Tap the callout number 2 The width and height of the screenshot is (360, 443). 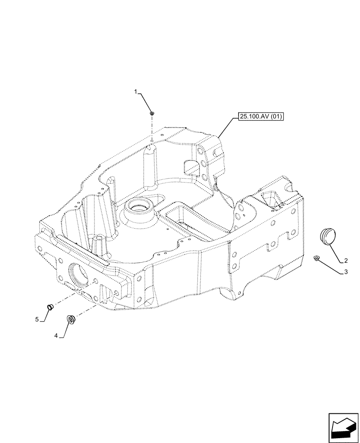(x=345, y=260)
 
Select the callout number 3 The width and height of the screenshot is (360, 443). (x=345, y=272)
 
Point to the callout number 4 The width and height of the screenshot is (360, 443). (x=56, y=336)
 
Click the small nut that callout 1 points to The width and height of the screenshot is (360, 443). (x=152, y=114)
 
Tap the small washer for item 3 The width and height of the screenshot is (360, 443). (x=317, y=258)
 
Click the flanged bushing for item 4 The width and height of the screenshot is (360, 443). (x=70, y=319)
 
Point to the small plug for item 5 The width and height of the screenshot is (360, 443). (x=51, y=306)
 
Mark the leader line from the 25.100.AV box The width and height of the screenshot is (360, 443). (x=227, y=127)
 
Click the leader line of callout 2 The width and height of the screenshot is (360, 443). (x=336, y=250)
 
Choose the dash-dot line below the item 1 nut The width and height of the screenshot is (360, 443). (x=152, y=131)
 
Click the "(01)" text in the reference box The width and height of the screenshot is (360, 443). (x=275, y=117)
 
